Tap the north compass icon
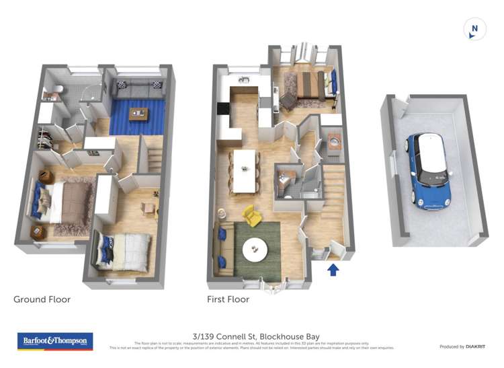click(x=474, y=29)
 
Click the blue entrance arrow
click(x=332, y=270)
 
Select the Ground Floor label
click(x=42, y=299)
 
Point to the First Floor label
click(x=228, y=299)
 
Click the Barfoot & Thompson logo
click(x=54, y=341)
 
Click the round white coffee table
click(x=255, y=250)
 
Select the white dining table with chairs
click(x=245, y=170)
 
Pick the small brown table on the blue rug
click(x=139, y=114)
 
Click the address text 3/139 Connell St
click(x=255, y=336)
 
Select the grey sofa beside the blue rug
click(x=139, y=89)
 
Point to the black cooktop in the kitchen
click(x=223, y=108)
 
